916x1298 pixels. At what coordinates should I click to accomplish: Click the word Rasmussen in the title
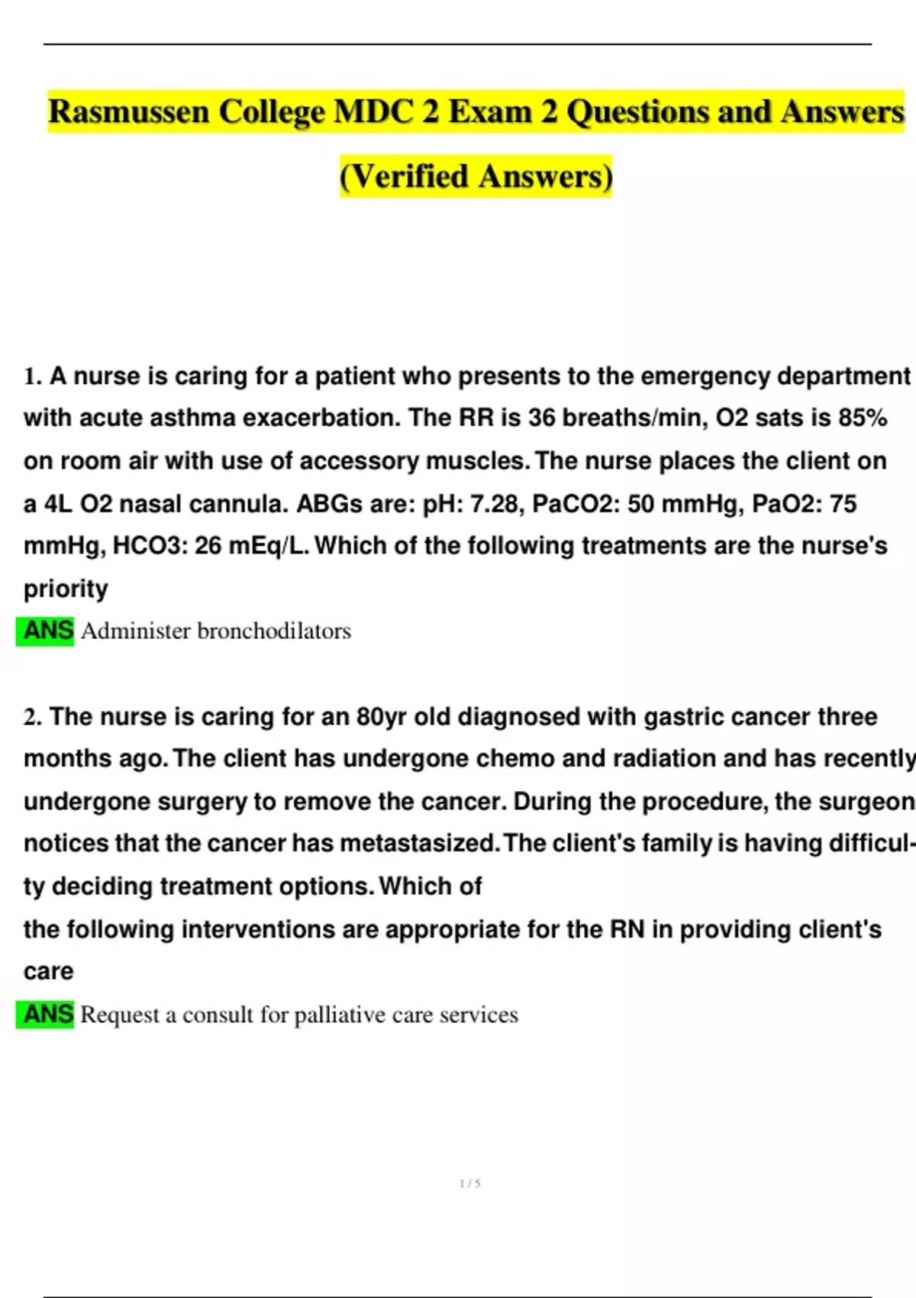(128, 112)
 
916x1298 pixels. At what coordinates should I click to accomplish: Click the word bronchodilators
(274, 631)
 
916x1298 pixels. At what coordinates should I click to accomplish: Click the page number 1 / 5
(470, 1183)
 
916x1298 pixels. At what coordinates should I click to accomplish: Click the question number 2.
(32, 717)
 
